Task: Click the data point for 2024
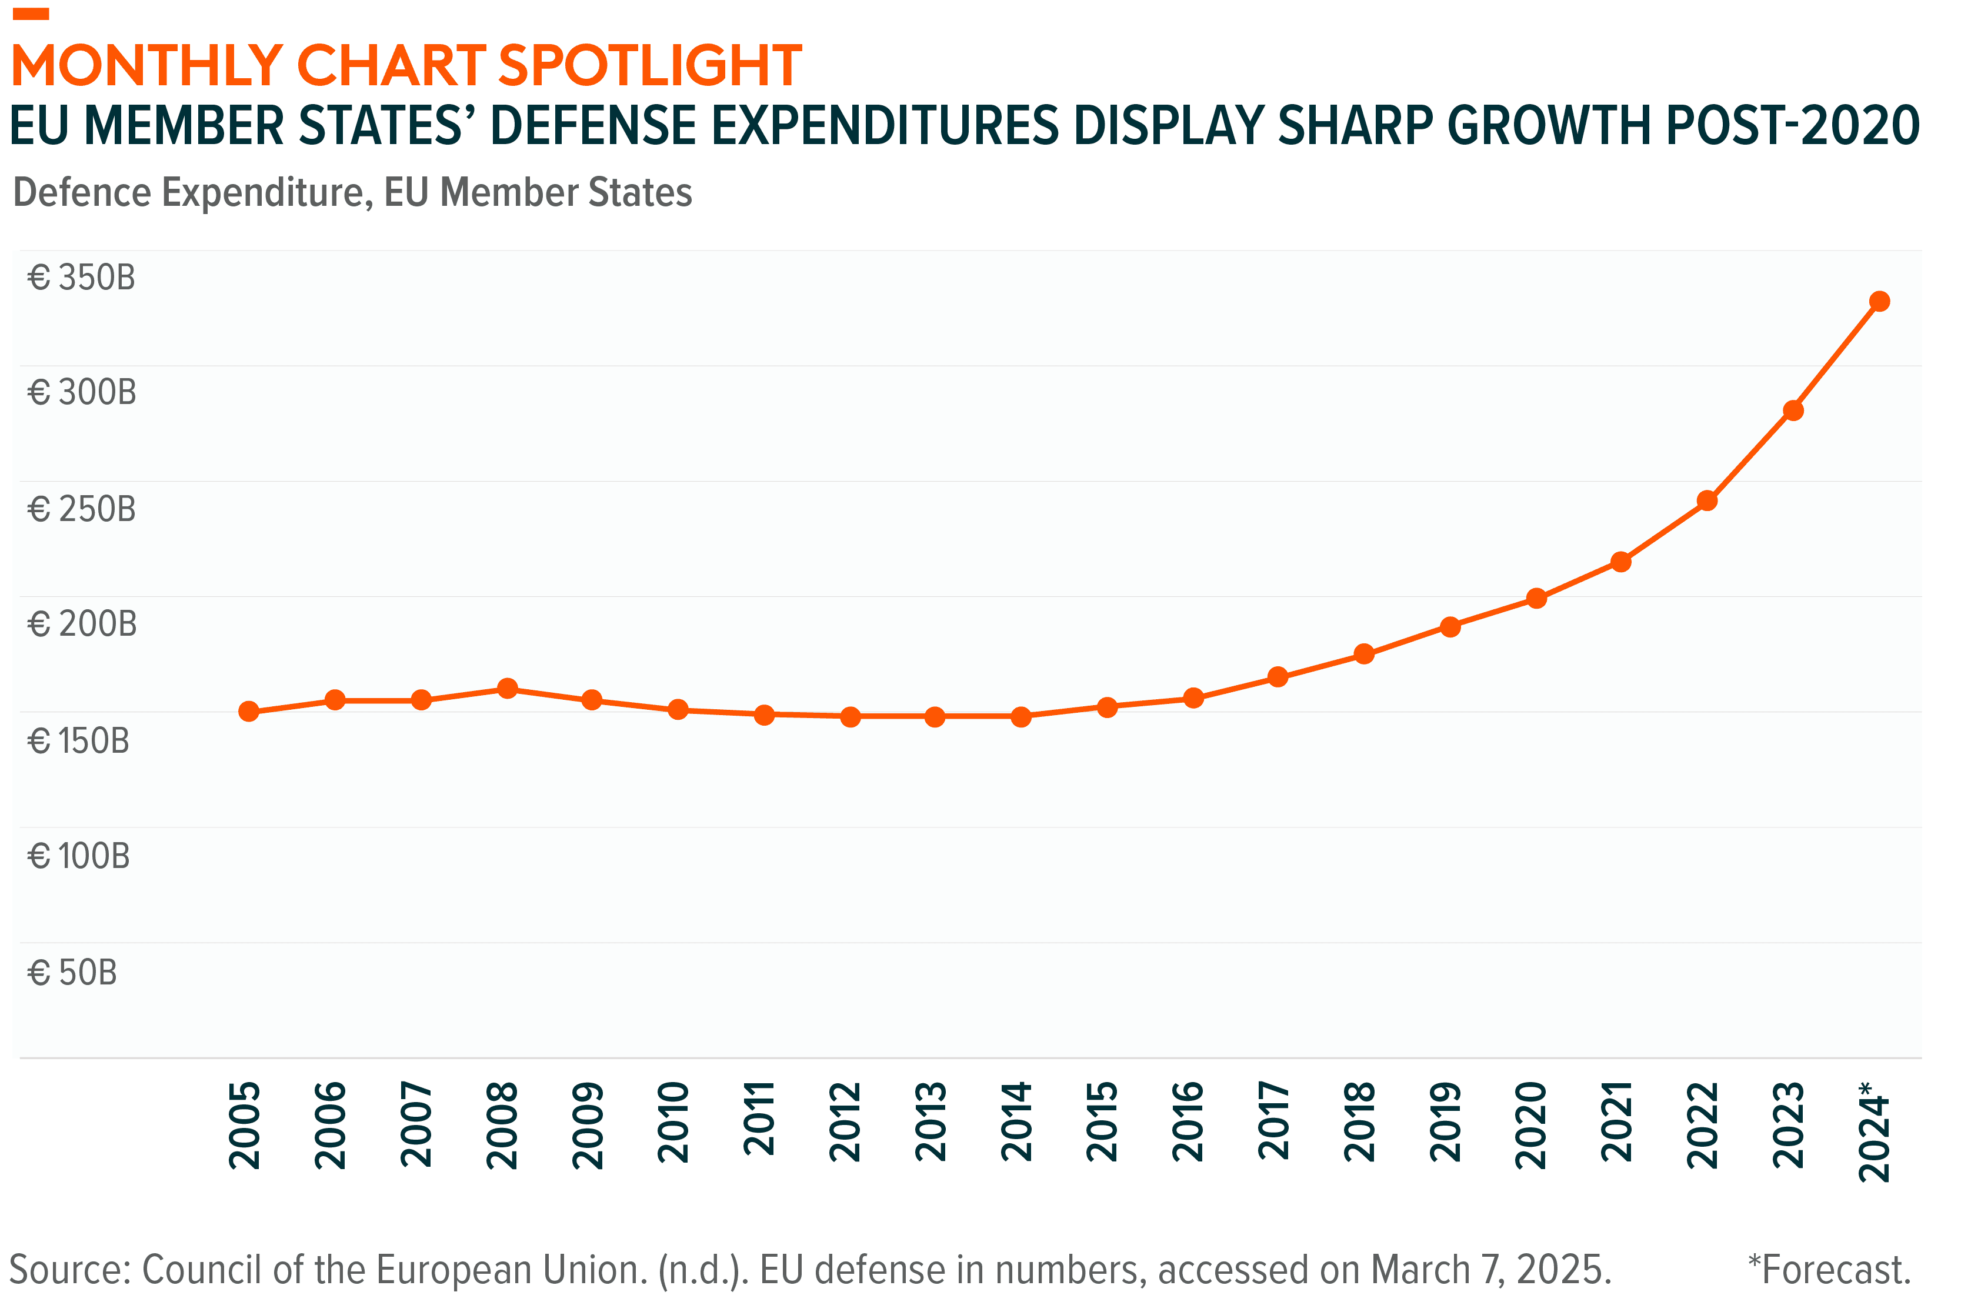[1879, 301]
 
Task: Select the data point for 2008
[507, 689]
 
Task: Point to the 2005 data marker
[249, 711]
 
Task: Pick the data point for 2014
[1021, 717]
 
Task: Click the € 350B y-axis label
[81, 278]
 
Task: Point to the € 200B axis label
[82, 624]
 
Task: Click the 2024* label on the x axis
[1874, 1131]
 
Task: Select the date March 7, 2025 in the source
[1490, 1270]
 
